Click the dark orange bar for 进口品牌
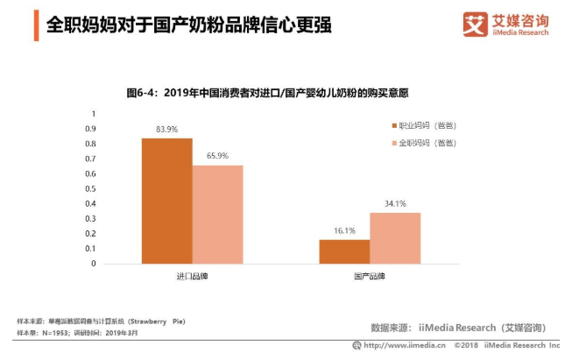(x=166, y=201)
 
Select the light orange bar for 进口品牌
(x=217, y=214)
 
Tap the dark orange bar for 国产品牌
(x=343, y=251)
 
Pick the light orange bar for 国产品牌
(x=394, y=237)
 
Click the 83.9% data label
(x=166, y=130)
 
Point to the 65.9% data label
(x=217, y=156)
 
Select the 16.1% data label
(x=343, y=230)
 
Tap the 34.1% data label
(x=394, y=204)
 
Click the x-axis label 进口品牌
(x=192, y=277)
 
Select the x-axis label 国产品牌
(x=369, y=277)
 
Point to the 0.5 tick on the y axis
(x=90, y=188)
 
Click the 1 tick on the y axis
(x=93, y=113)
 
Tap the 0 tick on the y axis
(x=93, y=263)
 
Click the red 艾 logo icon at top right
(x=476, y=25)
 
